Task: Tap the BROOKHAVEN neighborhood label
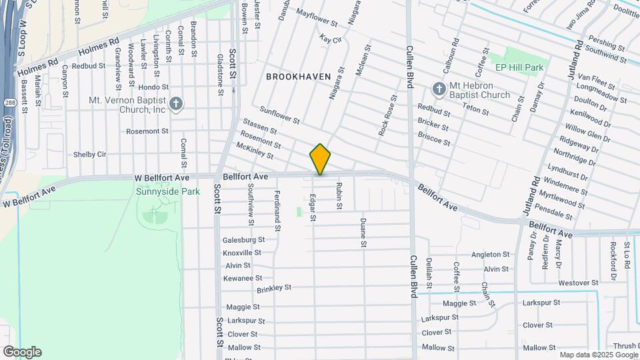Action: pyautogui.click(x=298, y=77)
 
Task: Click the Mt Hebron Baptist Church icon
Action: pyautogui.click(x=439, y=89)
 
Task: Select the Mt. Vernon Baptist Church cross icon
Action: pyautogui.click(x=176, y=103)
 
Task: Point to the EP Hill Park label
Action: pyautogui.click(x=519, y=67)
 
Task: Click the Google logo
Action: pyautogui.click(x=22, y=352)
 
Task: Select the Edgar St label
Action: pyautogui.click(x=313, y=207)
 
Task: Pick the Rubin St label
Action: pyautogui.click(x=339, y=196)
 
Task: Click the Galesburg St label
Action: pyautogui.click(x=243, y=240)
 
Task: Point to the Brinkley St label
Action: pyautogui.click(x=274, y=289)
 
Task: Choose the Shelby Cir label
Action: pyautogui.click(x=90, y=154)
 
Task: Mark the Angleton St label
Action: pyautogui.click(x=490, y=255)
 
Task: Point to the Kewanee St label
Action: pyautogui.click(x=243, y=278)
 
